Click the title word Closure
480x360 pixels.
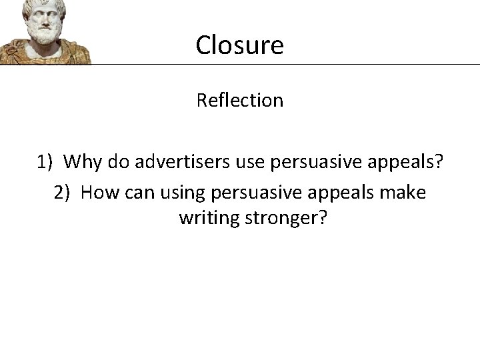click(239, 45)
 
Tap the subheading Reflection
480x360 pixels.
click(239, 100)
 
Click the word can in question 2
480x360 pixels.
click(137, 193)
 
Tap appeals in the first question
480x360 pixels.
click(406, 161)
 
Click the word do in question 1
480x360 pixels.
click(116, 161)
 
